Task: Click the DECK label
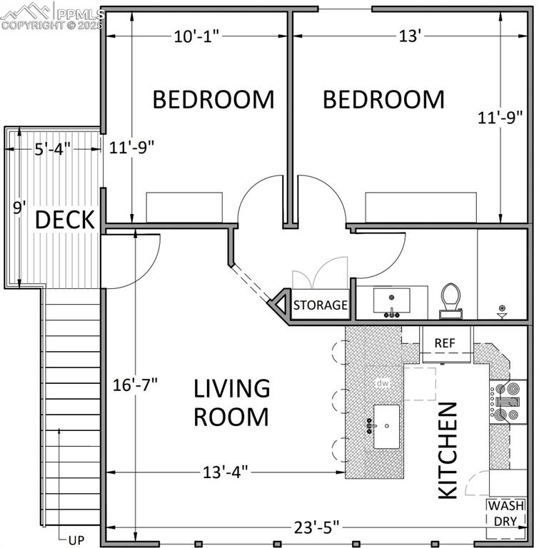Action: [x=65, y=220]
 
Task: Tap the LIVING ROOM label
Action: [x=232, y=402]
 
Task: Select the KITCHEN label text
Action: [x=447, y=450]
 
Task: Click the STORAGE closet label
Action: [x=321, y=305]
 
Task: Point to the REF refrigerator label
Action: [x=445, y=343]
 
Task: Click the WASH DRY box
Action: [x=505, y=513]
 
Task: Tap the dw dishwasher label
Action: [x=383, y=383]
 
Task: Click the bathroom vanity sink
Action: [x=391, y=300]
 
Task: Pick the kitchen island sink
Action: [x=386, y=426]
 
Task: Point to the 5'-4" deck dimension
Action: [x=52, y=149]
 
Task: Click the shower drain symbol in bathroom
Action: [x=502, y=311]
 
